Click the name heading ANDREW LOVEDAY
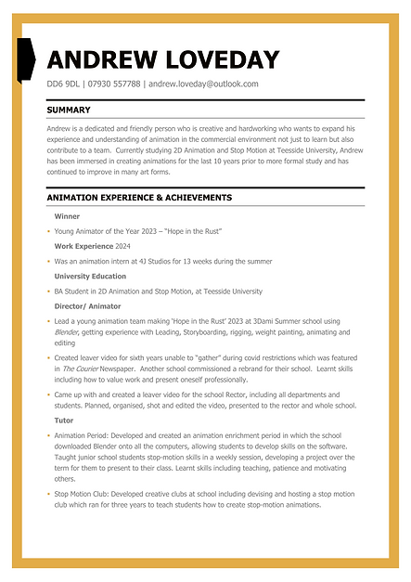pyautogui.click(x=162, y=60)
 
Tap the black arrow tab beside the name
pyautogui.click(x=26, y=58)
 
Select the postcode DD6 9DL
pyautogui.click(x=62, y=84)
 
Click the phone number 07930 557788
pyautogui.click(x=114, y=84)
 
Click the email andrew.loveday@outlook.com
pyautogui.click(x=203, y=84)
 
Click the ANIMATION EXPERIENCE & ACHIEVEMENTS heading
pyautogui.click(x=139, y=198)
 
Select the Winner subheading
pyautogui.click(x=67, y=215)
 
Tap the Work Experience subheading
pyautogui.click(x=83, y=246)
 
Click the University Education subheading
pyautogui.click(x=90, y=276)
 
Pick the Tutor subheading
pyautogui.click(x=65, y=420)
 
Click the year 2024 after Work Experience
pyautogui.click(x=123, y=246)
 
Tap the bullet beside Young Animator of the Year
pyautogui.click(x=48, y=231)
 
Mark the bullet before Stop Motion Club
pyautogui.click(x=48, y=495)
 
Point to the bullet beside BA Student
pyautogui.click(x=48, y=291)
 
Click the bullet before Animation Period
pyautogui.click(x=48, y=435)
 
